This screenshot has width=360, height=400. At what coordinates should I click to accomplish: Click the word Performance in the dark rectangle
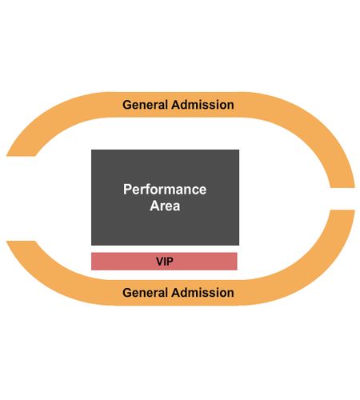(x=165, y=190)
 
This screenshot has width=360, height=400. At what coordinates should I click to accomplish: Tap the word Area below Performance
(x=165, y=206)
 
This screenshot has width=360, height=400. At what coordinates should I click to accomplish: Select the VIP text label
(x=165, y=262)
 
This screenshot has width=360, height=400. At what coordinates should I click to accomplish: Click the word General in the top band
(x=145, y=105)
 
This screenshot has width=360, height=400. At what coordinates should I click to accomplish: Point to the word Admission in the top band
(x=202, y=105)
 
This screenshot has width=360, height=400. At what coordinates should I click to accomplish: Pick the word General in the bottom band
(x=145, y=293)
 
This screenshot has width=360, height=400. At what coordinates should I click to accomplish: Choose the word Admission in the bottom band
(x=202, y=293)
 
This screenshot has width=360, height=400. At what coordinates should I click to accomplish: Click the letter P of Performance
(x=127, y=190)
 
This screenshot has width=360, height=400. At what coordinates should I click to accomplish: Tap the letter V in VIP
(x=160, y=262)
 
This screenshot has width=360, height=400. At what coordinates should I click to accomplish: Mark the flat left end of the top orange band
(x=21, y=156)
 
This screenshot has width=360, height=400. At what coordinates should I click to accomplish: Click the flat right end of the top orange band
(x=342, y=187)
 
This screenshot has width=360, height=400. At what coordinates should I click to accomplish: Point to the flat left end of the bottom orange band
(x=21, y=242)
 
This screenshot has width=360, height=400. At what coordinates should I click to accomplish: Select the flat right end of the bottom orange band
(x=342, y=210)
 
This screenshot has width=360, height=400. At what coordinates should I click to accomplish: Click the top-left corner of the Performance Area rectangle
(x=91, y=150)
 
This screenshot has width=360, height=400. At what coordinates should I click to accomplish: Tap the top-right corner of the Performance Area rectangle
(x=239, y=150)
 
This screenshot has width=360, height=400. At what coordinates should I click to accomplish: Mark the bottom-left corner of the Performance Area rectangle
(x=91, y=245)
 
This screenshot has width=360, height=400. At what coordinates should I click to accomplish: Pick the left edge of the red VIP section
(x=91, y=262)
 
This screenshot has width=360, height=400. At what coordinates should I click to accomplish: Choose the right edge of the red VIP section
(x=237, y=262)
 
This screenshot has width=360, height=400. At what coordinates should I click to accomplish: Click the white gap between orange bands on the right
(x=342, y=199)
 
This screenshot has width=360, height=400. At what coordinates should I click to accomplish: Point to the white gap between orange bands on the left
(x=21, y=198)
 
